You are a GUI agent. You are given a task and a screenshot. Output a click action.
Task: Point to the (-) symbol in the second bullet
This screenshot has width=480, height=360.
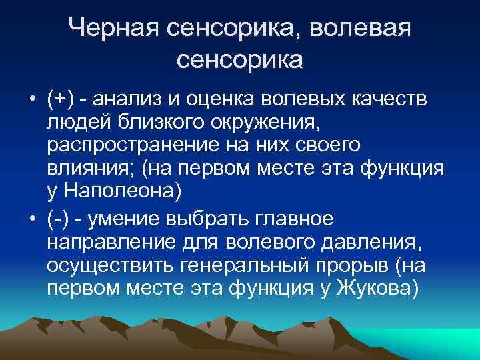[x=60, y=219]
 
